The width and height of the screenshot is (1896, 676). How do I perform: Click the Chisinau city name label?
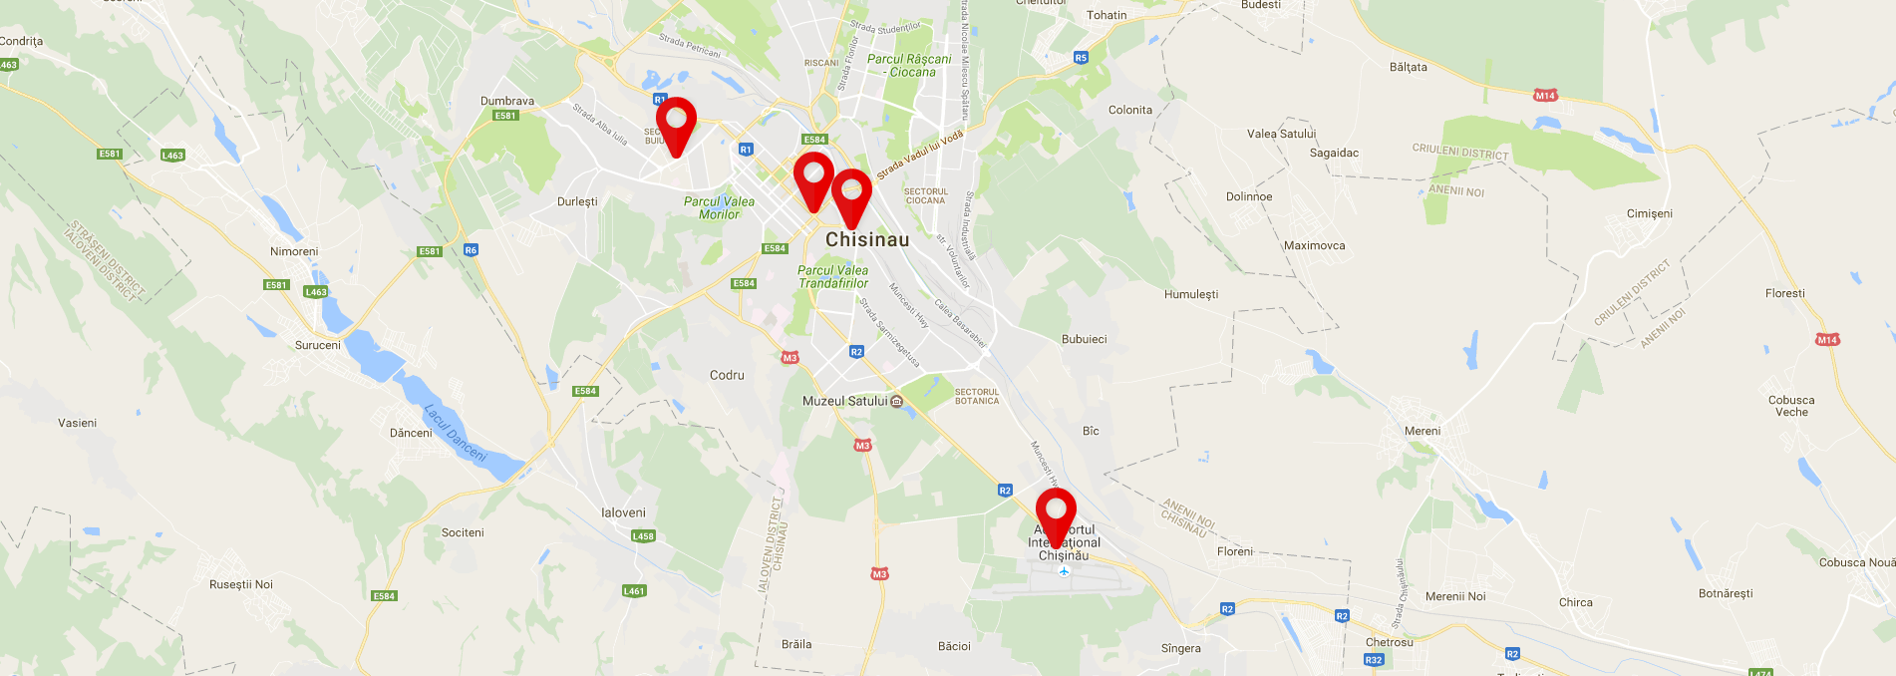click(867, 239)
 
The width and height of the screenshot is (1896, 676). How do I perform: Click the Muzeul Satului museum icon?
click(896, 401)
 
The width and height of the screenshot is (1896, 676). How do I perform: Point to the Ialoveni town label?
click(623, 512)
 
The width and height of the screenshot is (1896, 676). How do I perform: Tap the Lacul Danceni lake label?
click(456, 433)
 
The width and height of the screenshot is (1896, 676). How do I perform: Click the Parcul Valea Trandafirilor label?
click(832, 276)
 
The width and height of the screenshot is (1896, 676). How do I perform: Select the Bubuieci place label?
click(1084, 339)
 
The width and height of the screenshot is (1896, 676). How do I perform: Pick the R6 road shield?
click(471, 249)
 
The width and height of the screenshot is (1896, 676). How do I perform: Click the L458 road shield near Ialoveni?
click(643, 535)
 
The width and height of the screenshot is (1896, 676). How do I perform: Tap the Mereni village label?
click(1422, 431)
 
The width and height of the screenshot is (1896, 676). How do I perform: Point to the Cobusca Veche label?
click(1790, 406)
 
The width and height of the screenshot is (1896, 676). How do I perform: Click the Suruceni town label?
click(317, 345)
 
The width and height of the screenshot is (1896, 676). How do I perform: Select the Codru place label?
click(727, 375)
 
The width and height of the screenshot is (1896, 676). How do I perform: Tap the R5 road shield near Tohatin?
click(1081, 58)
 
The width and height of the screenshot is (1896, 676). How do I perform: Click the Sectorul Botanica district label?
click(976, 396)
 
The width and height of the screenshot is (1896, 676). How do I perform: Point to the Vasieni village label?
click(77, 423)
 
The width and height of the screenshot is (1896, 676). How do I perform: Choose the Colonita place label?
click(1129, 110)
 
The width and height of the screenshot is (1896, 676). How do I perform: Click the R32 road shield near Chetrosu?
click(1373, 660)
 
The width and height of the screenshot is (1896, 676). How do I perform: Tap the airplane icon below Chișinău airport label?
click(1064, 571)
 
